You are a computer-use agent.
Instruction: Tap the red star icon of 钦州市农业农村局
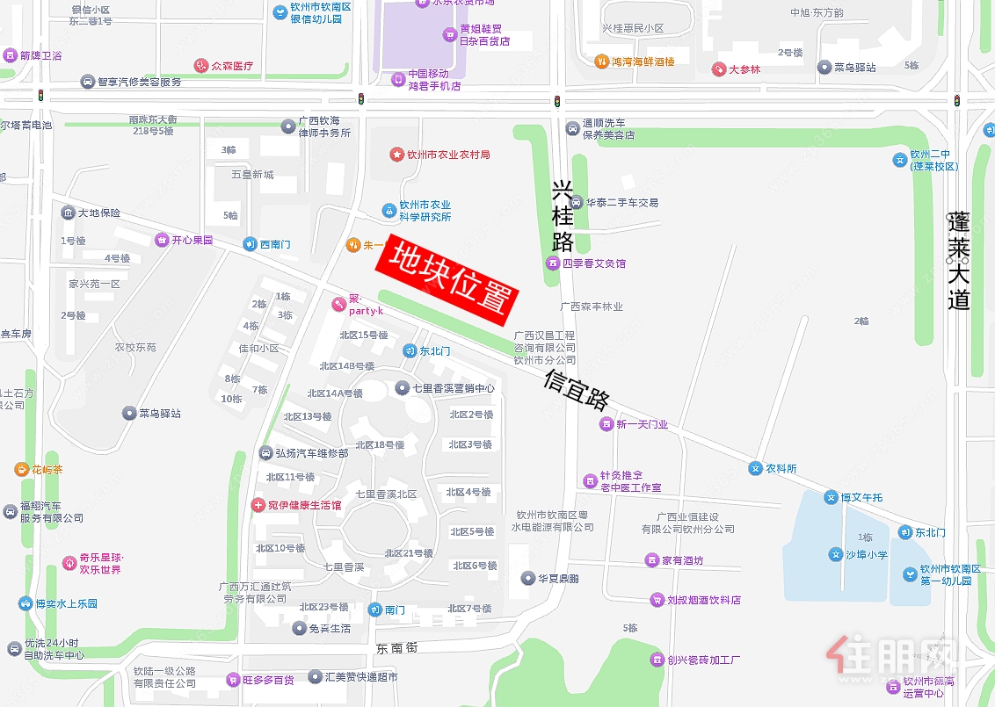pos(396,155)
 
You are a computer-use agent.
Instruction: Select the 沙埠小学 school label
pos(867,555)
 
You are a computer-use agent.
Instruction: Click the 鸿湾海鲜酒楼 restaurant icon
pos(602,61)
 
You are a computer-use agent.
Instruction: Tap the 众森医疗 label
pos(232,66)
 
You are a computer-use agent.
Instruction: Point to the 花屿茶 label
pos(47,469)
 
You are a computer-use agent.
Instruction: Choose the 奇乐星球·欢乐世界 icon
pos(69,562)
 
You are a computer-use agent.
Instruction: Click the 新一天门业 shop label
pos(643,424)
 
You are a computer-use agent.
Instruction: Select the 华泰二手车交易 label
pos(622,203)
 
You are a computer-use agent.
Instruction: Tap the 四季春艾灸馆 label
pos(593,263)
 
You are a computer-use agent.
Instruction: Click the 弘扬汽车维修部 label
pos(312,453)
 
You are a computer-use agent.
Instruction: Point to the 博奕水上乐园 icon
pos(25,603)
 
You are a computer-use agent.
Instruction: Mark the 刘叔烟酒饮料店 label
pos(703,600)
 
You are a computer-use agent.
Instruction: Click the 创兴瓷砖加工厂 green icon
pos(657,660)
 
